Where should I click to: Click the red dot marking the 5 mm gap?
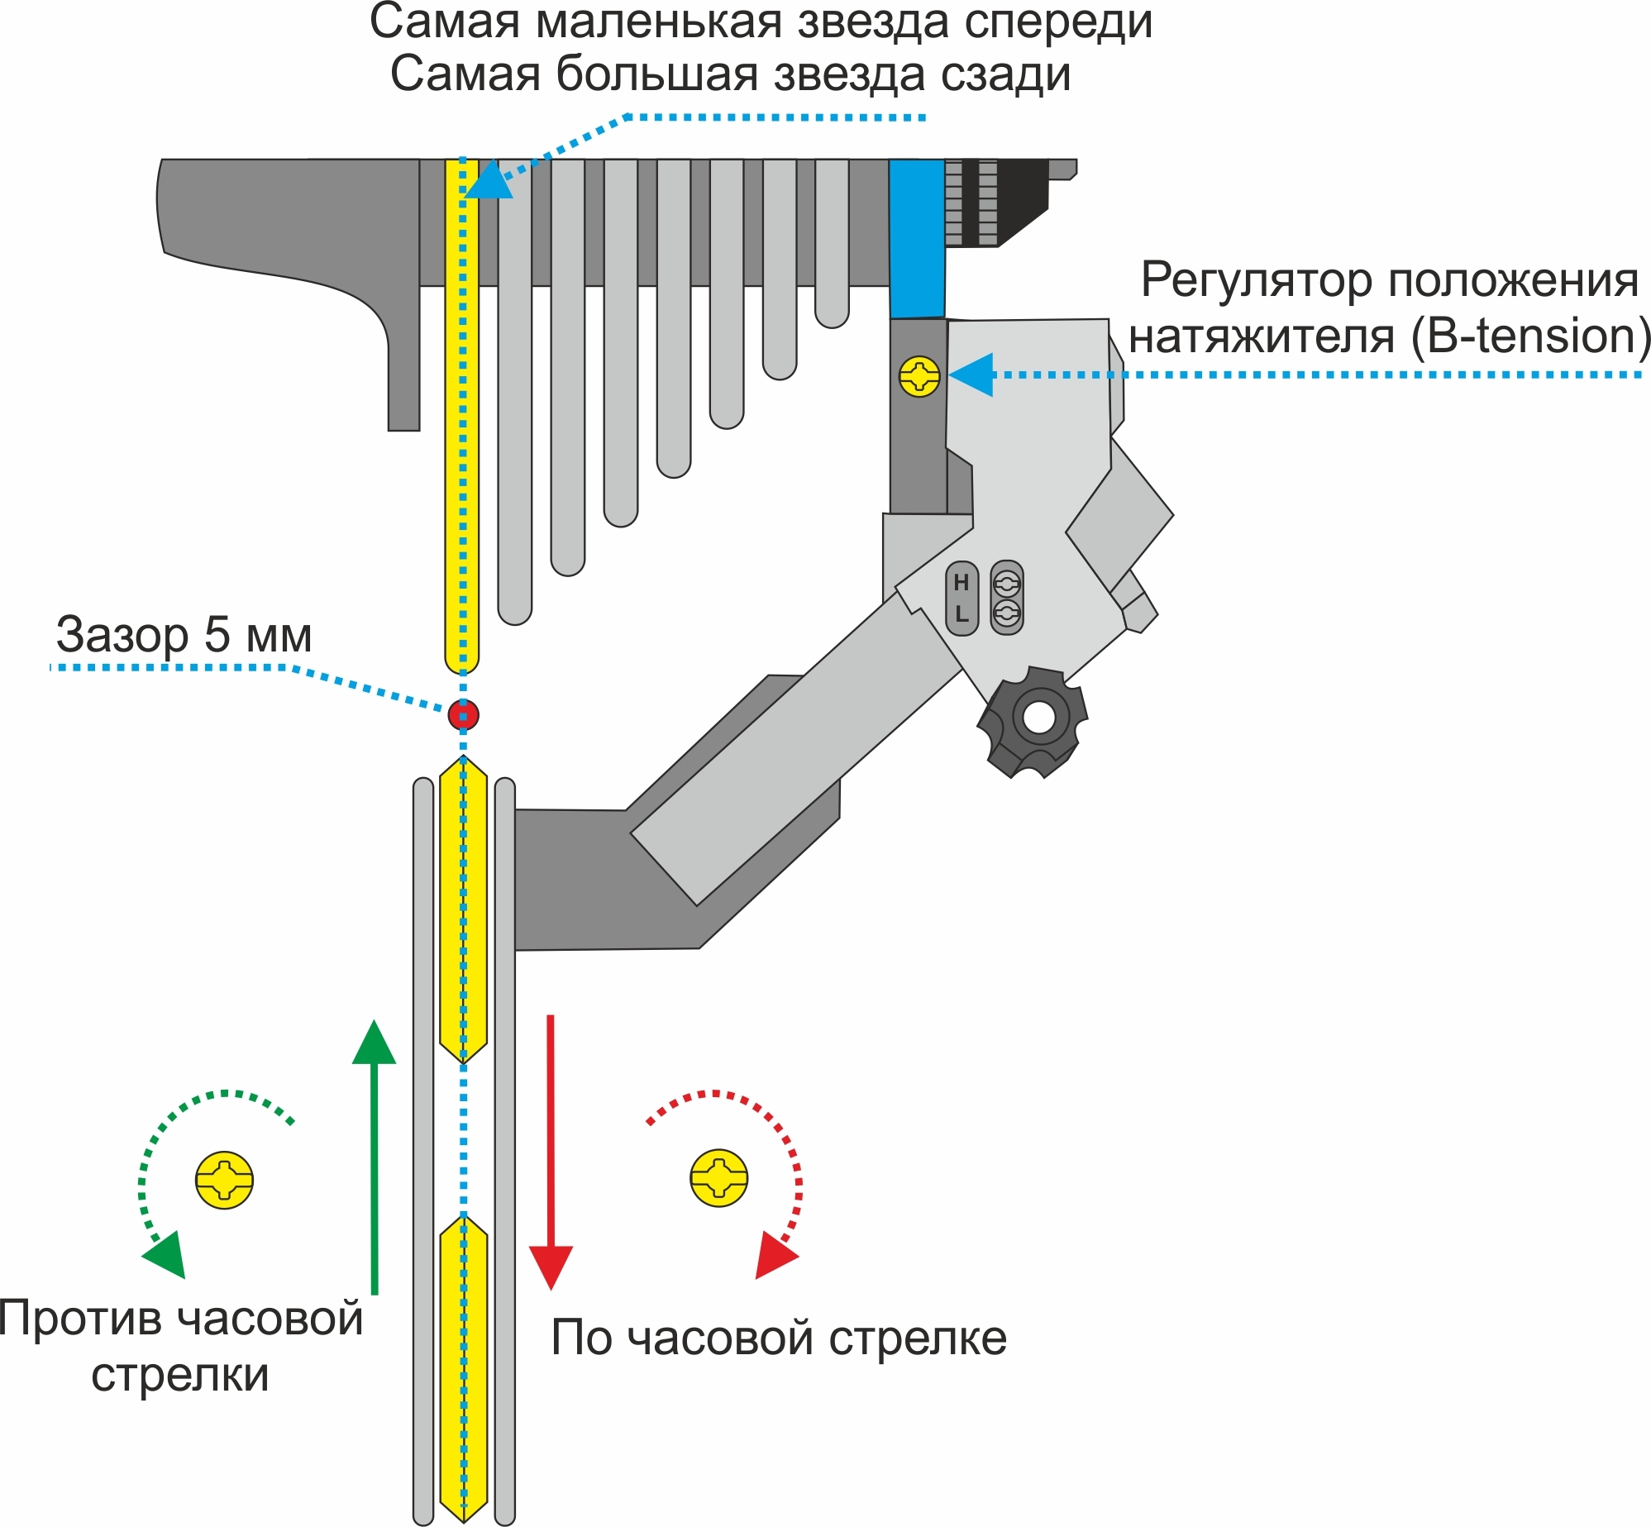[463, 714]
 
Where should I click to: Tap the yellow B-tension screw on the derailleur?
[919, 377]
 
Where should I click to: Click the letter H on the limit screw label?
[961, 583]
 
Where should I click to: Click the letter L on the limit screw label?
[961, 614]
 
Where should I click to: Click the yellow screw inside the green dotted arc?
[224, 1180]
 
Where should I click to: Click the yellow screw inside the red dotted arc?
[718, 1177]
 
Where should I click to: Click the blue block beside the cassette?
[917, 238]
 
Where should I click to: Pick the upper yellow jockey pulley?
[463, 909]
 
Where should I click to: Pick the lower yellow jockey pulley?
[463, 1368]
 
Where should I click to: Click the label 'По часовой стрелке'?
[779, 1337]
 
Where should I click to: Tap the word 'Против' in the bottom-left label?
[81, 1318]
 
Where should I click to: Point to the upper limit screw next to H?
[1006, 584]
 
